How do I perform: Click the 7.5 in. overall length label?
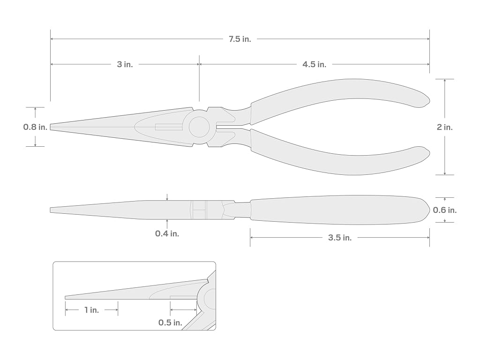(240, 39)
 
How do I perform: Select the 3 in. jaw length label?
(125, 64)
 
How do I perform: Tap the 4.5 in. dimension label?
(315, 64)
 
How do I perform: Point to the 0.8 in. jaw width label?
(36, 127)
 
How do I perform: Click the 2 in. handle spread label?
(444, 127)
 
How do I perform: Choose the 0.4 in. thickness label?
(167, 233)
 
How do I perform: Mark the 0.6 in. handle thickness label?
(444, 210)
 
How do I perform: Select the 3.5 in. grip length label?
(340, 238)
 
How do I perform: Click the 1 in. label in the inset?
(91, 310)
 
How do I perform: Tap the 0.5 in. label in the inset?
(170, 322)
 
